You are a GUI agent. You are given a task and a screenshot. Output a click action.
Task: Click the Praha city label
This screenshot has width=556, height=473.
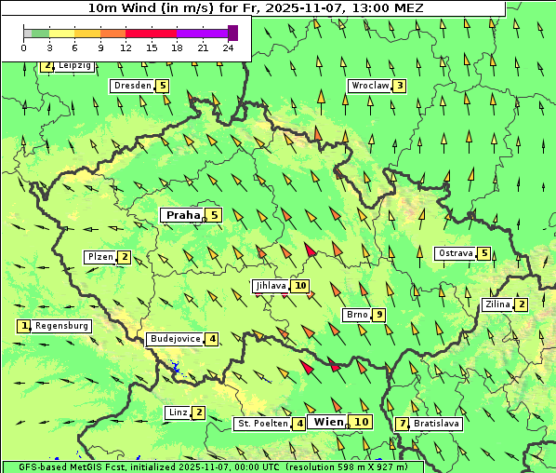coord(182,215)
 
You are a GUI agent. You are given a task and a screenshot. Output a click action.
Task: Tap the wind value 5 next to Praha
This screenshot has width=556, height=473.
coord(215,215)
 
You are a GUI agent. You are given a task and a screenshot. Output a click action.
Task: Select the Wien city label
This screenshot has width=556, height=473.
coord(329,422)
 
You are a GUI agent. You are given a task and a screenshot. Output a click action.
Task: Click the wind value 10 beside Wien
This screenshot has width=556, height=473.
coord(362,422)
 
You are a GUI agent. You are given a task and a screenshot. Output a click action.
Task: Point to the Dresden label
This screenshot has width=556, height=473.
coord(131,86)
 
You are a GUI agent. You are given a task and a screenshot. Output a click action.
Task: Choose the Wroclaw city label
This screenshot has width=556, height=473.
coord(369,86)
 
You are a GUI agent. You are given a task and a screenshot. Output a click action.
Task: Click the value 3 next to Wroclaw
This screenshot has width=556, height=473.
coord(400,86)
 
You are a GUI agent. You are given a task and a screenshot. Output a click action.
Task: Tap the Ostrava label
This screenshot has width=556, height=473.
coord(456,253)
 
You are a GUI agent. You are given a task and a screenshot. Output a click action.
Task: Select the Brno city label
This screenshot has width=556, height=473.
coord(356,314)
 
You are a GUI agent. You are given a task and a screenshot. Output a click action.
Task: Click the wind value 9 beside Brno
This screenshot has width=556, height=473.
coord(379,315)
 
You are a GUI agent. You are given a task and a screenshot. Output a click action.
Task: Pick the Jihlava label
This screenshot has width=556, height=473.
coord(270,286)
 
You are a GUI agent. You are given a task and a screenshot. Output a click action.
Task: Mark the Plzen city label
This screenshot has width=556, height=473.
coord(100,257)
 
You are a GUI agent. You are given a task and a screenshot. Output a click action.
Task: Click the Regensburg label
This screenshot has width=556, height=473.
coord(62,326)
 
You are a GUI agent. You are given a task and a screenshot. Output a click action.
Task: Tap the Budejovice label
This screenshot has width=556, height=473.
coord(174,339)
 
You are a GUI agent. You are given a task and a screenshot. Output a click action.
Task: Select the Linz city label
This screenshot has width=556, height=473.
coord(177,412)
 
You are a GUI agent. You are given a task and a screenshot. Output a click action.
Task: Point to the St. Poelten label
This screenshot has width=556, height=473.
coord(262,424)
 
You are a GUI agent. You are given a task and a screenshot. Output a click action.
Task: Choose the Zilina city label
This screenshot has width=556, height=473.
coord(498,304)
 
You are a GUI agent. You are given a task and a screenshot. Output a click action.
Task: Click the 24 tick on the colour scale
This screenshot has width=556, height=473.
coord(229,47)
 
